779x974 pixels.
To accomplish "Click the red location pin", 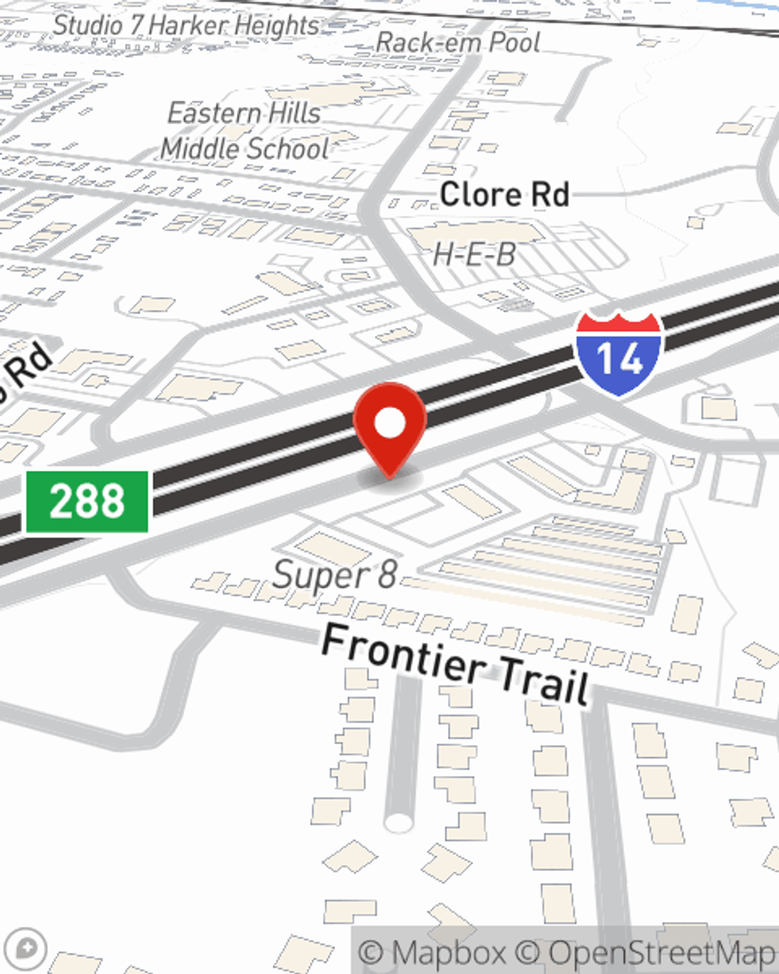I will pos(389,425).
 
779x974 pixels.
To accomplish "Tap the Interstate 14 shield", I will pos(619,355).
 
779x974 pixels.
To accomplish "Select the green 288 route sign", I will pos(86,501).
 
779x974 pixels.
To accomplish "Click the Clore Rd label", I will pos(504,194).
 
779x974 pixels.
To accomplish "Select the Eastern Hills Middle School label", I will pos(245,131).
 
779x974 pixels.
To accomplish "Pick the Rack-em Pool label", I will pos(457,42).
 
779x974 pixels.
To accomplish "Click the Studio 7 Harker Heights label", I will pos(186,25).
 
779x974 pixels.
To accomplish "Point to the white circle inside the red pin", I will pos(390,424).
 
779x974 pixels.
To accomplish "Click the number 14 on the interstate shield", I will pos(620,359).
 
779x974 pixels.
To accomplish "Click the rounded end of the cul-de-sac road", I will pos(399,821).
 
